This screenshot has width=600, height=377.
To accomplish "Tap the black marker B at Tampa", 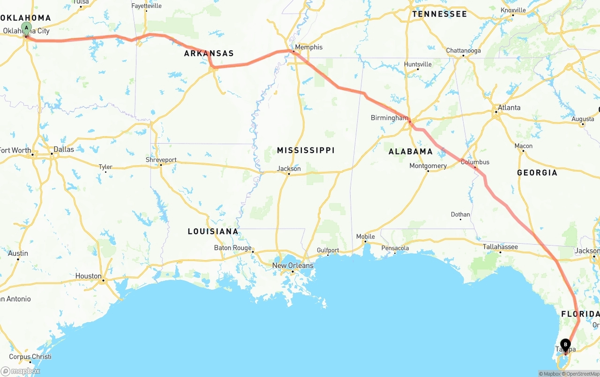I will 565,345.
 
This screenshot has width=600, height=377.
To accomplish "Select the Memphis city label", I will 308,47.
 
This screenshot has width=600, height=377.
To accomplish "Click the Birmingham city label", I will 389,118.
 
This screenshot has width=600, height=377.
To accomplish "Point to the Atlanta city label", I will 509,108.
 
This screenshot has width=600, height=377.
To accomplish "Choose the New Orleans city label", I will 292,266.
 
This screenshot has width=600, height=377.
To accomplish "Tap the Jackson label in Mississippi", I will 289,169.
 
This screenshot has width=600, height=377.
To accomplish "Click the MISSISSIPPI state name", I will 306,150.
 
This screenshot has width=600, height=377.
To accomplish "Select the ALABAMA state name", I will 411,151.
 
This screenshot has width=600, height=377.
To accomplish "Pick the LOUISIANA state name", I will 213,231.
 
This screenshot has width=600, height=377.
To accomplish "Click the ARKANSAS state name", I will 209,54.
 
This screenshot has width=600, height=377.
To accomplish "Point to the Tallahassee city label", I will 500,246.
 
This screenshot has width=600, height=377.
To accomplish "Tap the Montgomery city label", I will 427,166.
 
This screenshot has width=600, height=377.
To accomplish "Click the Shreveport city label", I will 161,160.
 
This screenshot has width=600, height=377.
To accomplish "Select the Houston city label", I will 88,276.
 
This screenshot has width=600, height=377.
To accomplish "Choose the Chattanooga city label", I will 463,51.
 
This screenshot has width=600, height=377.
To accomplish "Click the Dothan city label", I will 460,215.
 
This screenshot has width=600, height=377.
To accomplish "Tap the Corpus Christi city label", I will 30,356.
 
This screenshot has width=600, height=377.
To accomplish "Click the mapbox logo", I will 20,371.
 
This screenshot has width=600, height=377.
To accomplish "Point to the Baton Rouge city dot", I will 253,252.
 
